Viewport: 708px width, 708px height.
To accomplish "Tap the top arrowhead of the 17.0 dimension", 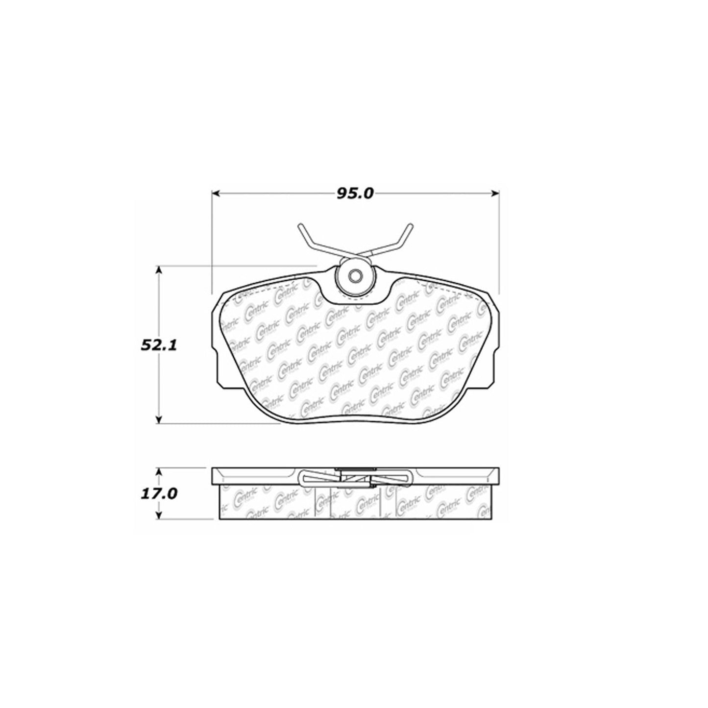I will click(158, 472).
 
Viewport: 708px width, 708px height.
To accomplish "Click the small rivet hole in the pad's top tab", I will click(355, 277).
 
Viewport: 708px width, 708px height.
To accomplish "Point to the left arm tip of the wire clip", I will click(300, 226).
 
